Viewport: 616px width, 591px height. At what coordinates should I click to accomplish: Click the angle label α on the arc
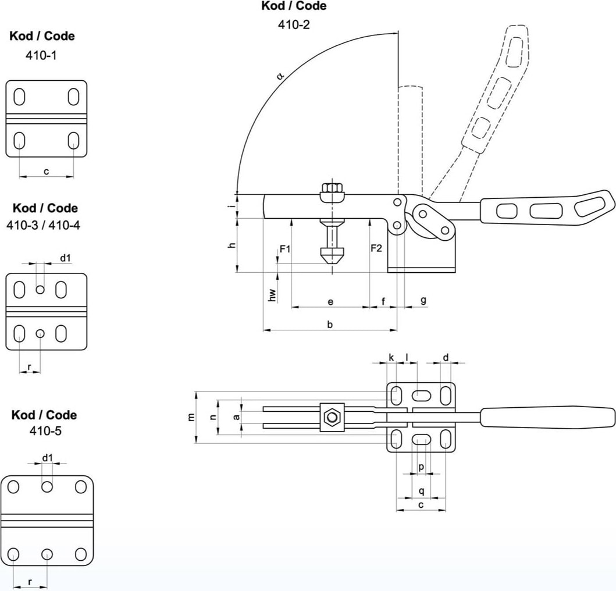pyautogui.click(x=280, y=75)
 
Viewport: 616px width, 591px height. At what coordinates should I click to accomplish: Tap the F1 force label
pyautogui.click(x=285, y=249)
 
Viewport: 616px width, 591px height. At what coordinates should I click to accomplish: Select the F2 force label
pyautogui.click(x=376, y=249)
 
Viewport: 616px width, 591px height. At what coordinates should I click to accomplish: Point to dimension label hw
pyautogui.click(x=272, y=295)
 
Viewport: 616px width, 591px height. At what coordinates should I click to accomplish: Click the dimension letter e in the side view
pyautogui.click(x=330, y=301)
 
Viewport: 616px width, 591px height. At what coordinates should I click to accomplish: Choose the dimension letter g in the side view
pyautogui.click(x=423, y=300)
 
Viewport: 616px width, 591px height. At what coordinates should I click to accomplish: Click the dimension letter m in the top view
pyautogui.click(x=191, y=418)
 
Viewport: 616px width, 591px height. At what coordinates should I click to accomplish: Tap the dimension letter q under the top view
pyautogui.click(x=422, y=491)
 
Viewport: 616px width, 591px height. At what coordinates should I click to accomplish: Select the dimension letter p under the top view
pyautogui.click(x=422, y=467)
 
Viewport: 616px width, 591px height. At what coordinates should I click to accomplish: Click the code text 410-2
pyautogui.click(x=293, y=25)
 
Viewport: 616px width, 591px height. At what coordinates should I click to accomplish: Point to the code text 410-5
pyautogui.click(x=44, y=431)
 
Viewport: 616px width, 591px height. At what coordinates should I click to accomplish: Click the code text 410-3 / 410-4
pyautogui.click(x=44, y=225)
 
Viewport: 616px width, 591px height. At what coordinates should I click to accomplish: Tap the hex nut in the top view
pyautogui.click(x=332, y=417)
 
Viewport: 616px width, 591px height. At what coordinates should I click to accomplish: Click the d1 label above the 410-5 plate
pyautogui.click(x=48, y=457)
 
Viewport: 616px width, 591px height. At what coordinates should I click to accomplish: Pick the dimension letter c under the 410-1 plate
pyautogui.click(x=47, y=170)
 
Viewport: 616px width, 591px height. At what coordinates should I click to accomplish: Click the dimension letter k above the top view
pyautogui.click(x=391, y=357)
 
